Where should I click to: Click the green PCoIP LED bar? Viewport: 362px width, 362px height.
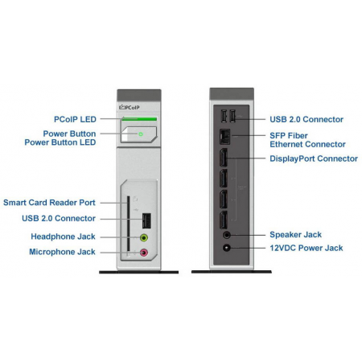[139, 119]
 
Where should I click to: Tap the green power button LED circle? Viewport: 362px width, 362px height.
[141, 134]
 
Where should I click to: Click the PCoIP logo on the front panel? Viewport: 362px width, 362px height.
[130, 107]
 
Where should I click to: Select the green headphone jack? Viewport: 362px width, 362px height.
[144, 237]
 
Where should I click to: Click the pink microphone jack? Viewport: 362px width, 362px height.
[144, 253]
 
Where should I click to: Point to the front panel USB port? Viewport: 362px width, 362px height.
[146, 220]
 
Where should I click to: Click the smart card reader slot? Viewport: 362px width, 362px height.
[128, 226]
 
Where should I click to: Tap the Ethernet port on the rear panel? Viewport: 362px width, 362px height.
[224, 137]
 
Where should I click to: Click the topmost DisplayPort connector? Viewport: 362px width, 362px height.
[224, 157]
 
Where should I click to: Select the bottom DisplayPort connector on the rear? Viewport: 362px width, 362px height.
[224, 220]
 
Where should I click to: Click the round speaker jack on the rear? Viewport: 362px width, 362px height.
[227, 235]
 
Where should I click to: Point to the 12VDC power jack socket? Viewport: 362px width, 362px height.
[227, 248]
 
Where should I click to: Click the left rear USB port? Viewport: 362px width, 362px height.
[224, 116]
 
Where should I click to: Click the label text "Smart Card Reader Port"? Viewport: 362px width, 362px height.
[49, 203]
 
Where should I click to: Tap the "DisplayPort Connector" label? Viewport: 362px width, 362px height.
[314, 158]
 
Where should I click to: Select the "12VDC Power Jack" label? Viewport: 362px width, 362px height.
[306, 248]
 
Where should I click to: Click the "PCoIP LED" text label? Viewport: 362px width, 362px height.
[75, 119]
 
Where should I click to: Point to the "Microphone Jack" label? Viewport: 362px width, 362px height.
[62, 252]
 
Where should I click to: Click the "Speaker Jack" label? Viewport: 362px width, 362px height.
[295, 235]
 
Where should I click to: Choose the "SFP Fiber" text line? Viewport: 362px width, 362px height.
[289, 136]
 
